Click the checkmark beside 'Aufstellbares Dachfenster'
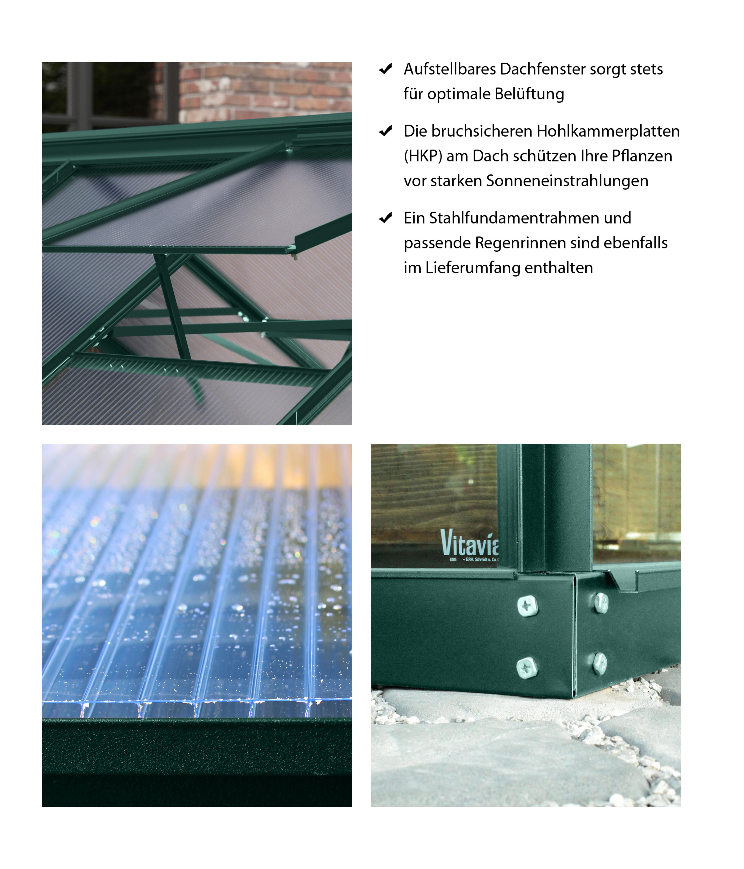click(x=385, y=69)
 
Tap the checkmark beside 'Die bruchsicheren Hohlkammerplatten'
click(x=385, y=131)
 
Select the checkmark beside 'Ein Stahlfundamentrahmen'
click(x=385, y=218)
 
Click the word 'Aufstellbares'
click(x=449, y=69)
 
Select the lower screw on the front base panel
click(x=527, y=668)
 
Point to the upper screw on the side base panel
click(x=601, y=603)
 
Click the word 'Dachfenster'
click(x=542, y=69)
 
